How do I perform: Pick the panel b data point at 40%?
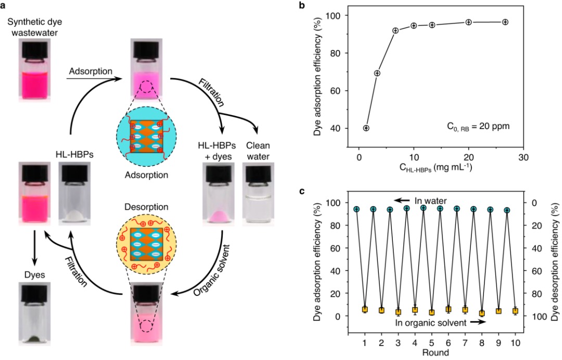coord(366,128)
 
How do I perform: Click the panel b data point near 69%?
coord(377,73)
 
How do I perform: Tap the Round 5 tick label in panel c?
coord(431,343)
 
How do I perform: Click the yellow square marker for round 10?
coord(515,311)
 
